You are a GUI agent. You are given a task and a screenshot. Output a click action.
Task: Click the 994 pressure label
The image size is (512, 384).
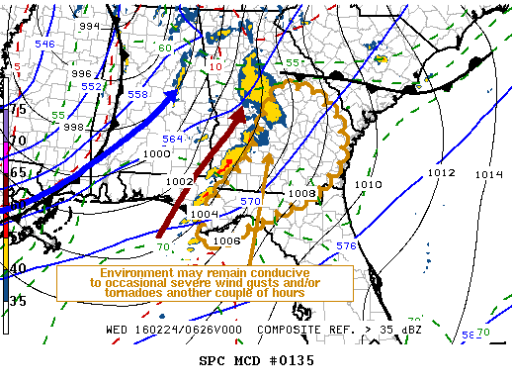89,26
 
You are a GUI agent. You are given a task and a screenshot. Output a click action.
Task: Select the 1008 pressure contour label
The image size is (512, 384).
301,194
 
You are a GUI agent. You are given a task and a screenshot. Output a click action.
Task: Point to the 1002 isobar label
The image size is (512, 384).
179,182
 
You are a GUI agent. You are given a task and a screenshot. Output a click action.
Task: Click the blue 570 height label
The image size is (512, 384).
251,202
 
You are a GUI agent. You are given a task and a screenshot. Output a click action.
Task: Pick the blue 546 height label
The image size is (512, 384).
45,45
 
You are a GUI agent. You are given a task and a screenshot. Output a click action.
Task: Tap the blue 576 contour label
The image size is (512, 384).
345,245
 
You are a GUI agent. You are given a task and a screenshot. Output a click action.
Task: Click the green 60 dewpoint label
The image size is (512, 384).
165,48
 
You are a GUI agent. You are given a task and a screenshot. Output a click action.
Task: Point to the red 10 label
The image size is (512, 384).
215,66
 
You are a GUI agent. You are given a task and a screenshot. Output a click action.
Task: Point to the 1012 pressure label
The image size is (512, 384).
441,173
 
